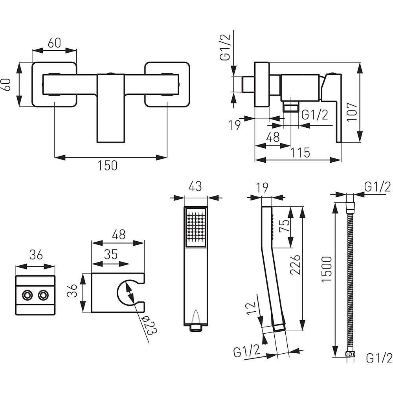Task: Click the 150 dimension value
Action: (x=108, y=165)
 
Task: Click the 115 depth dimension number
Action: (x=300, y=152)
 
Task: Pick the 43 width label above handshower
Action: (x=195, y=186)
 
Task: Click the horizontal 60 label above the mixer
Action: (x=54, y=42)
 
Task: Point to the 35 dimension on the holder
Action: (x=111, y=255)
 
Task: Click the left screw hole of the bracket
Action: (x=27, y=295)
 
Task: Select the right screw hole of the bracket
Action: (x=43, y=295)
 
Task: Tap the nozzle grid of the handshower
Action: (x=196, y=226)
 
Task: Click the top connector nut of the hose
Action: (x=350, y=208)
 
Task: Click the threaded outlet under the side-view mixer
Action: (x=291, y=106)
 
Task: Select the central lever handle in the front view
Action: (x=110, y=108)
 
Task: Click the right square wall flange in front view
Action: (x=167, y=84)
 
